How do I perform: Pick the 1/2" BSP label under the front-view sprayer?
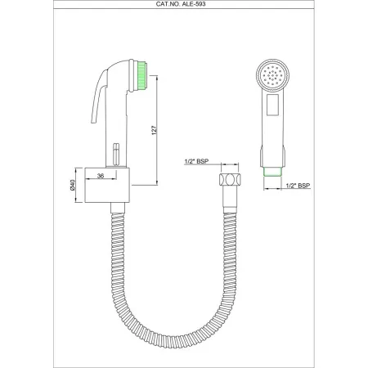(x=298, y=186)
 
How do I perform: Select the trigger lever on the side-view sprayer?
(x=103, y=114)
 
